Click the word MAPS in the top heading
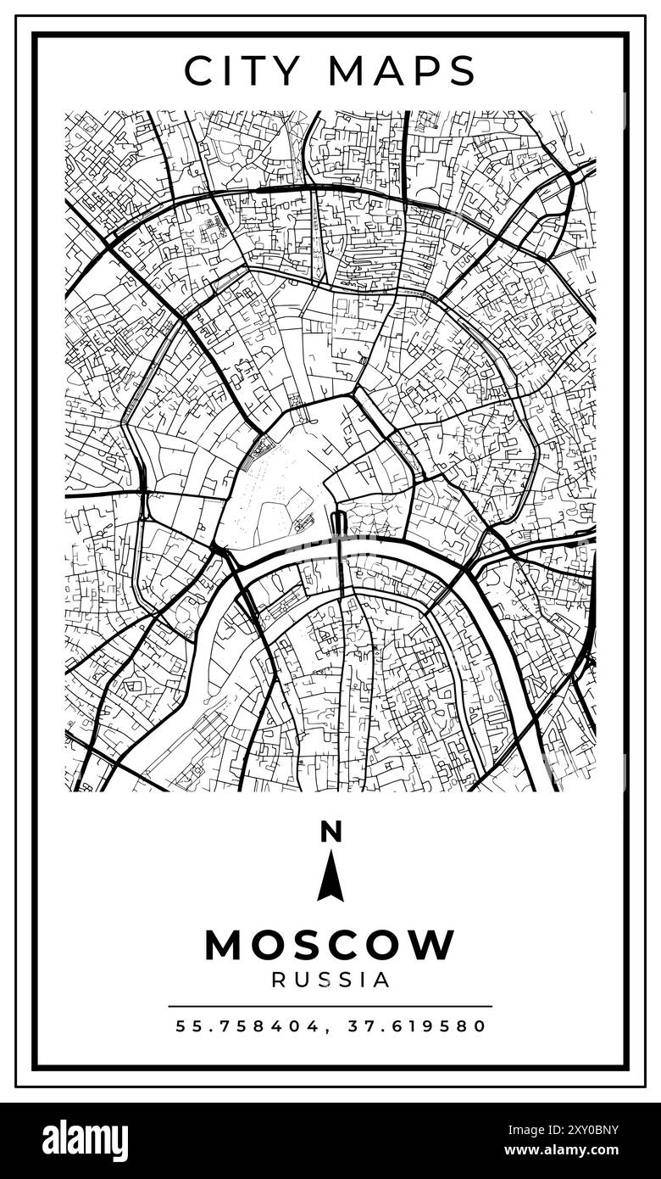click(x=403, y=71)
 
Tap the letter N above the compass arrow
click(x=330, y=832)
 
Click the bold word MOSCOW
click(x=330, y=945)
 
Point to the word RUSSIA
click(x=330, y=980)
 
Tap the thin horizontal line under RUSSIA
click(x=330, y=1007)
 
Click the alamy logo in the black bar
click(x=85, y=1141)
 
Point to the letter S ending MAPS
click(x=463, y=71)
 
